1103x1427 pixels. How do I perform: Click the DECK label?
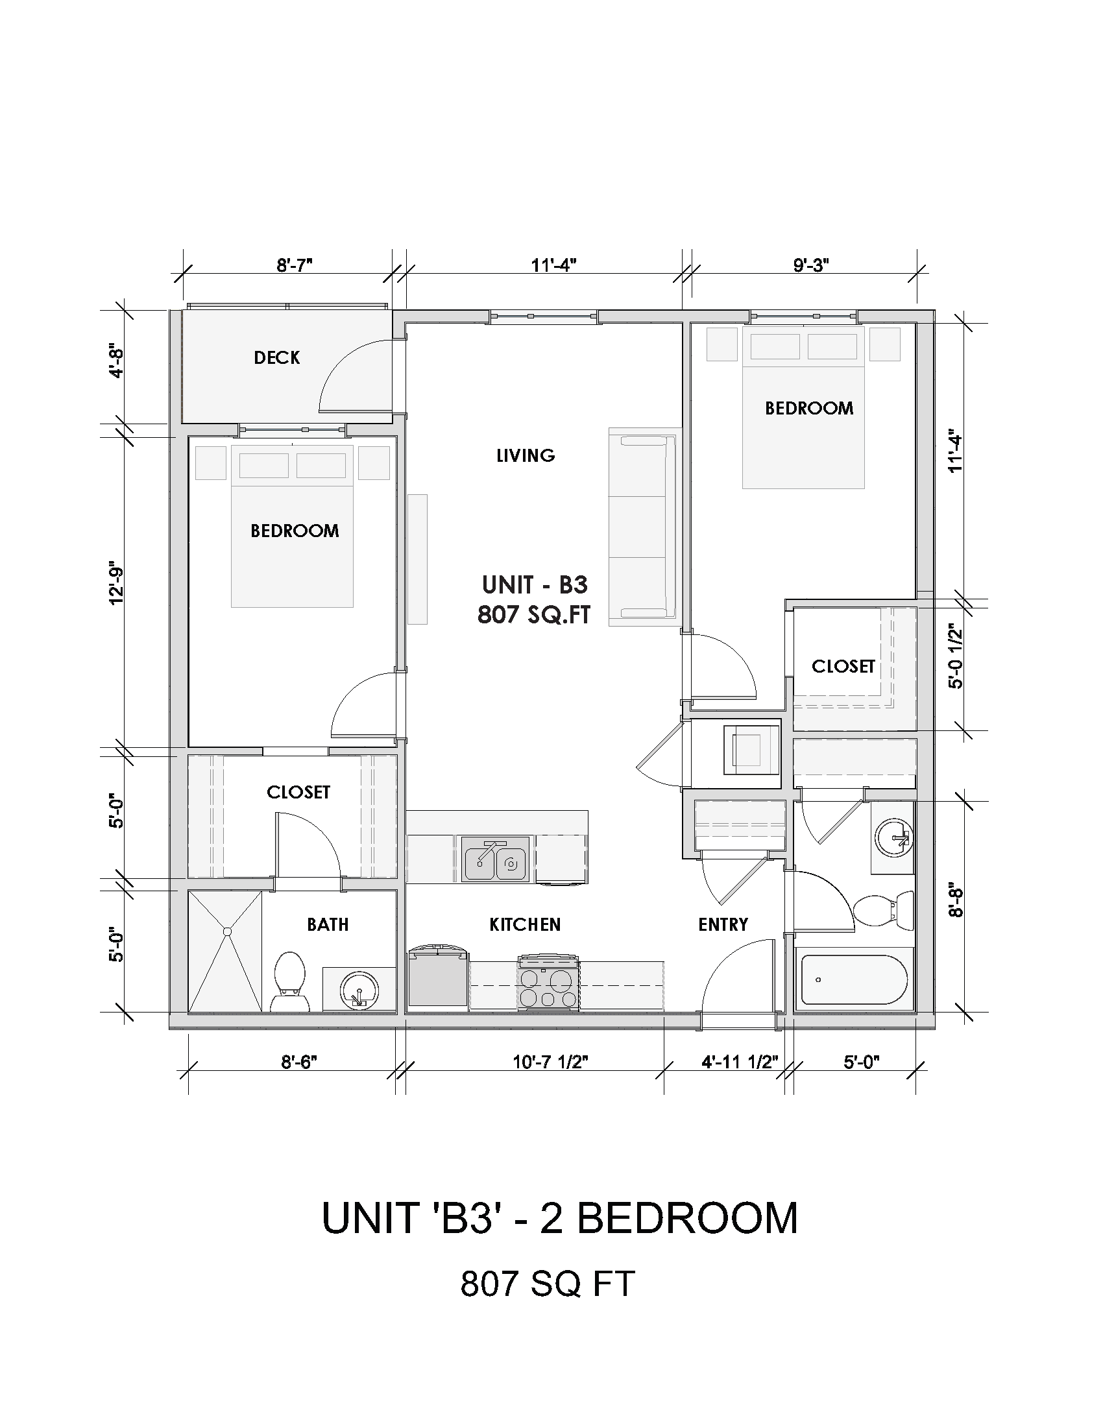(x=277, y=357)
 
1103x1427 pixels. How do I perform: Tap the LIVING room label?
(x=526, y=455)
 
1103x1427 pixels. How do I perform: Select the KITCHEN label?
(x=525, y=924)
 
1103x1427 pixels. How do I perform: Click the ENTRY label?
(x=723, y=924)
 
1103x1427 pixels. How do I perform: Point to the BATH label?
(x=328, y=924)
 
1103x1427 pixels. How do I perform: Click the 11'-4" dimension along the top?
(x=553, y=265)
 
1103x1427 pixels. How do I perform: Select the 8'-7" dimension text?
(x=295, y=265)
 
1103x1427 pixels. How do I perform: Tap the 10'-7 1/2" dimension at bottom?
(x=550, y=1062)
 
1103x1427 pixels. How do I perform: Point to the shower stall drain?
(x=227, y=930)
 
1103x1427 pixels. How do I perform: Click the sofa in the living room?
(x=644, y=527)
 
